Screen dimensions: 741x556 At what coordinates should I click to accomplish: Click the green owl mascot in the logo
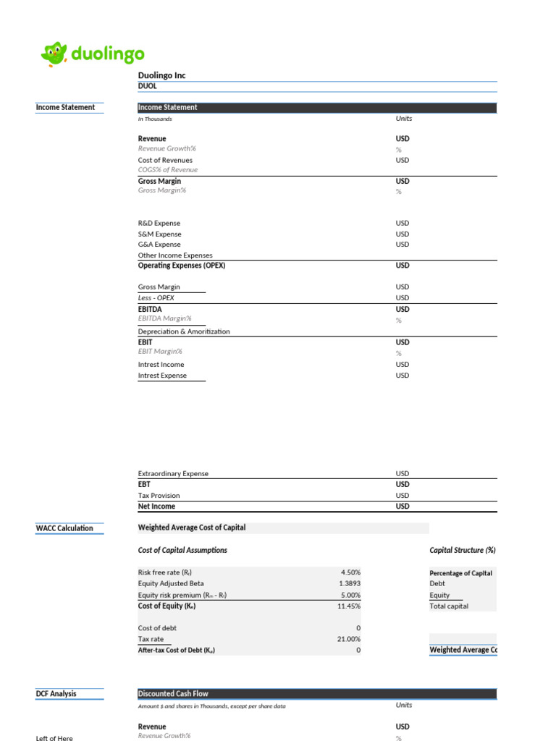coord(54,54)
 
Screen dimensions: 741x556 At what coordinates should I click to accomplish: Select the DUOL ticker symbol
coord(147,86)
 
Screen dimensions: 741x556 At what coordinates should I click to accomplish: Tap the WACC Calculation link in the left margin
coord(64,528)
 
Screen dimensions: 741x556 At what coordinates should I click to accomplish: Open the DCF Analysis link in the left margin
coord(56,694)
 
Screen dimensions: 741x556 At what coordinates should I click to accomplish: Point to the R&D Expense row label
coord(159,224)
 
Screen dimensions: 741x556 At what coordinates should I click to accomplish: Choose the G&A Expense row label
coord(159,245)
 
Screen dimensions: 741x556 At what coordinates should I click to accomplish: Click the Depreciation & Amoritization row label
coord(184,331)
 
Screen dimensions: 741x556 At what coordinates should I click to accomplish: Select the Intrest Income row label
coord(161,365)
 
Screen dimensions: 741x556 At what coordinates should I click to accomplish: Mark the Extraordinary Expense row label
coord(173,474)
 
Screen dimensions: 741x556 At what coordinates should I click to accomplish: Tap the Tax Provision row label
coord(159,496)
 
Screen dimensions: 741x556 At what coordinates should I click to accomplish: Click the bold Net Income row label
coord(156,507)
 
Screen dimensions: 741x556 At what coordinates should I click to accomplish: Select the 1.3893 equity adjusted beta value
coord(348,584)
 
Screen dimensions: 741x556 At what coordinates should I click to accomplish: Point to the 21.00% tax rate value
coord(347,639)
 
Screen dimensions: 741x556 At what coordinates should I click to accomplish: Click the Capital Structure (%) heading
coord(463,551)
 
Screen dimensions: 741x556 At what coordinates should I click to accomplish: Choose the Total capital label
coord(449,606)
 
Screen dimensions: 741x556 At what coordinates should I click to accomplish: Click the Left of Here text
coord(54,738)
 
